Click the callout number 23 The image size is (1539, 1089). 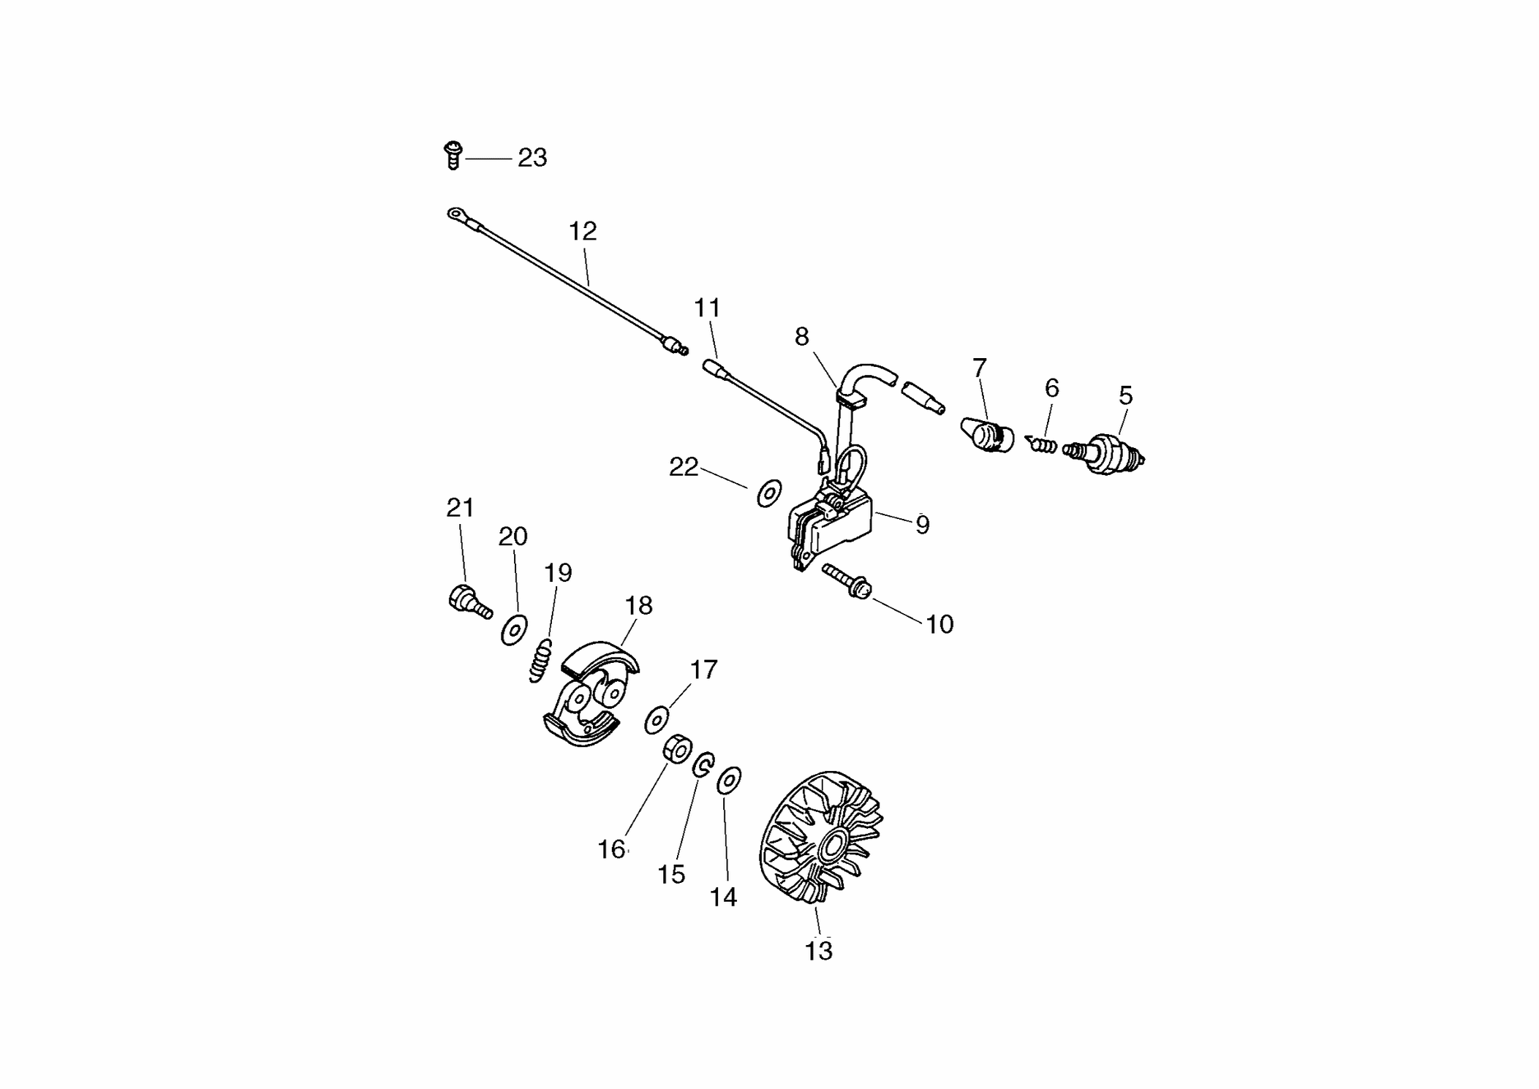pos(532,158)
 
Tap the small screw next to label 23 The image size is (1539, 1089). pos(453,156)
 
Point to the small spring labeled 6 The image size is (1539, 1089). pos(1041,444)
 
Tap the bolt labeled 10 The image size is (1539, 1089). pos(847,581)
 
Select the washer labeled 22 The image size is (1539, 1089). pos(769,493)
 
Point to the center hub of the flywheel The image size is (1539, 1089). pos(832,848)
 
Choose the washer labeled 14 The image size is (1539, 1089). pos(729,781)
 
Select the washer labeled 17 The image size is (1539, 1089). pos(657,720)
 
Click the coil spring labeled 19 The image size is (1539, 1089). pos(540,661)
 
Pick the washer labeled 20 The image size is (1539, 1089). pos(514,630)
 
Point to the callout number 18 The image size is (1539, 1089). pos(638,605)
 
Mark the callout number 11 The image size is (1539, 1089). pos(707,308)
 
